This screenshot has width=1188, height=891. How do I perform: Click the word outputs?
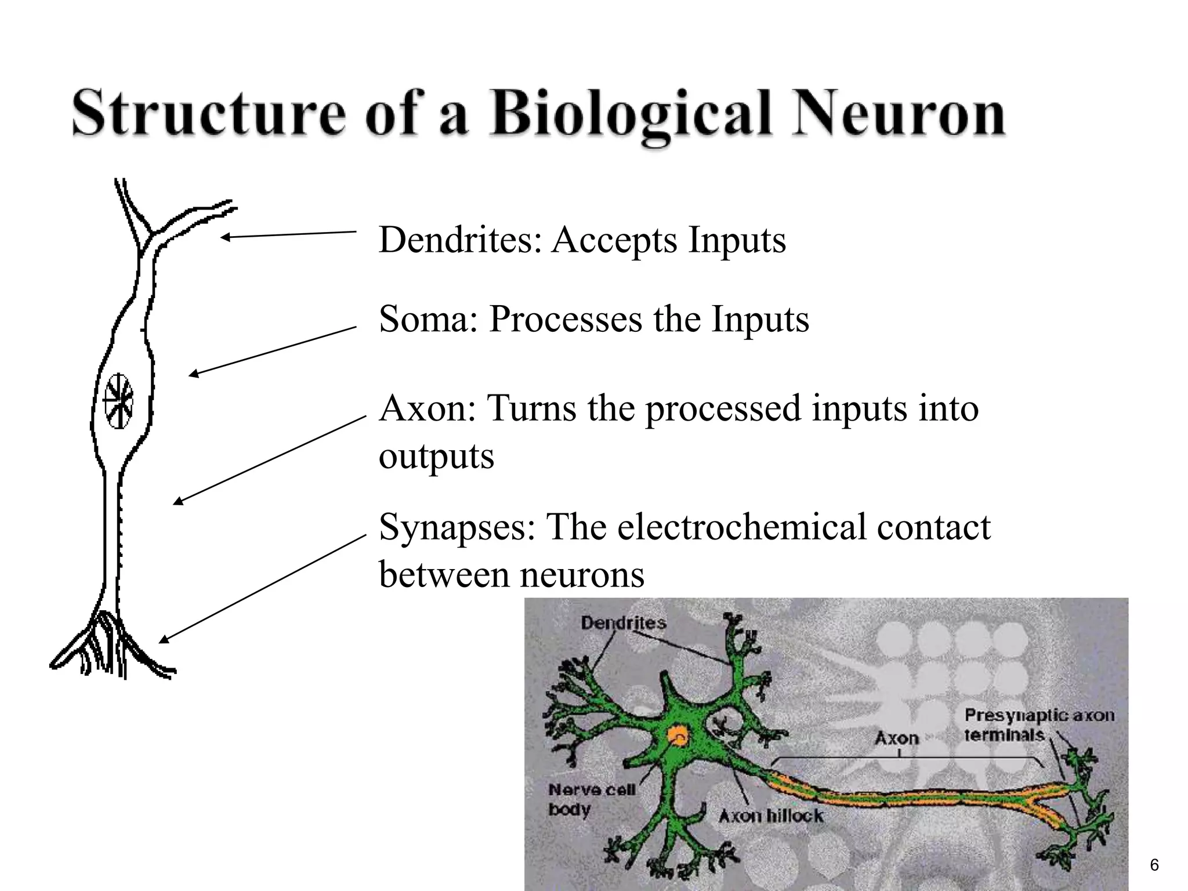click(x=436, y=457)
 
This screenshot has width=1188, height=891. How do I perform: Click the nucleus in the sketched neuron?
click(x=119, y=401)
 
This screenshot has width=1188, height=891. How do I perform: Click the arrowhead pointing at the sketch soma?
click(x=194, y=375)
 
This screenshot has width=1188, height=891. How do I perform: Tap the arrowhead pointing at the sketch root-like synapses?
click(x=164, y=639)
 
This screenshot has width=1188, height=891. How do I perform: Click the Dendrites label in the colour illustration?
click(x=623, y=624)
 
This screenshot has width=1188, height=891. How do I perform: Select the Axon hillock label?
click(x=770, y=816)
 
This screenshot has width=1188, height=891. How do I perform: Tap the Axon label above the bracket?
click(x=896, y=738)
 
